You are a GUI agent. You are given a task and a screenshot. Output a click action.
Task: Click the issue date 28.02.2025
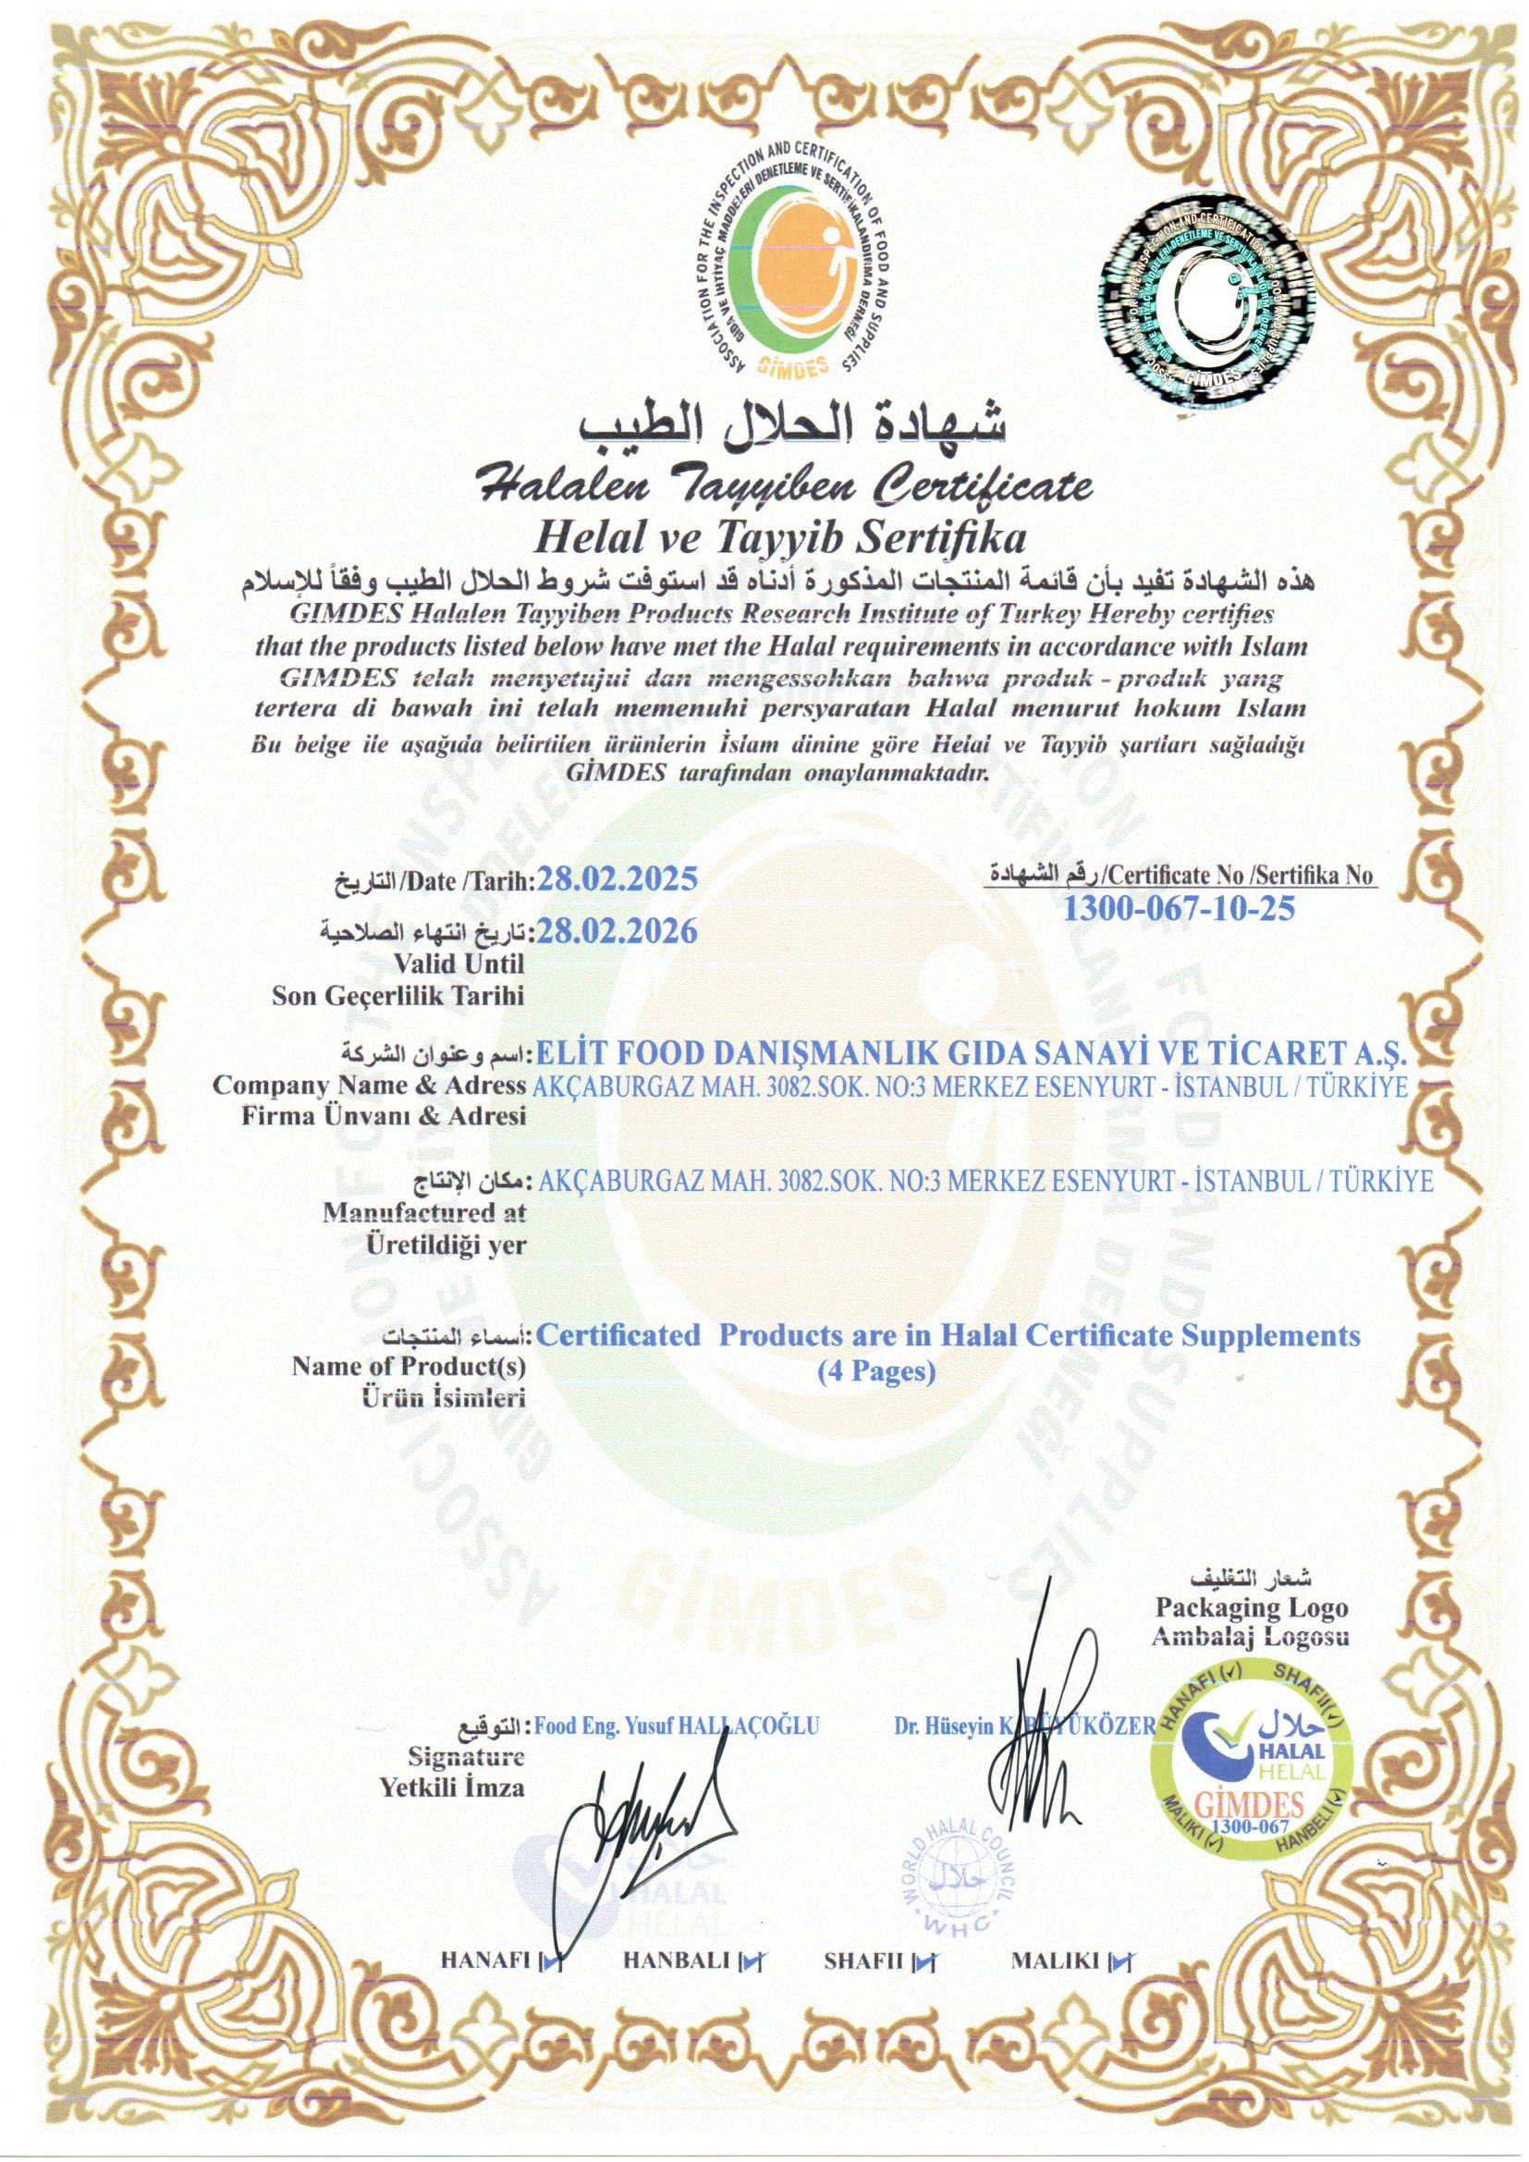(x=616, y=880)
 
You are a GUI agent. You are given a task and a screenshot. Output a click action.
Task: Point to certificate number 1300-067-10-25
(x=1179, y=909)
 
